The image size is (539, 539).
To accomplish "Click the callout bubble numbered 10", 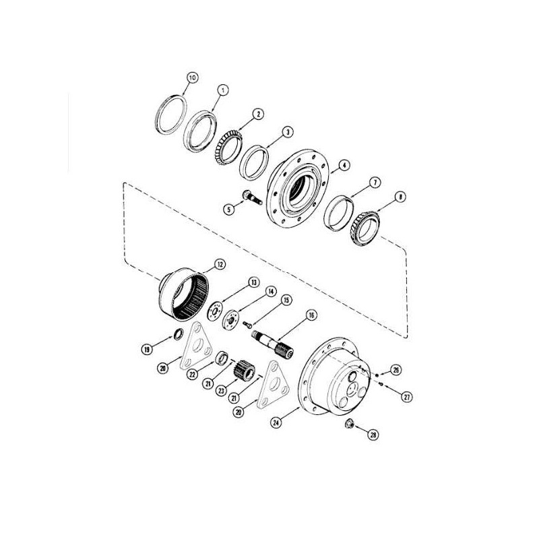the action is click(x=193, y=78).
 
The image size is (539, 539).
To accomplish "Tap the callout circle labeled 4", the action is click(x=344, y=165).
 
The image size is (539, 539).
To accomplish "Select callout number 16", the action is click(x=311, y=315).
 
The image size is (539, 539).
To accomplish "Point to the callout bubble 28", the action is click(x=373, y=435).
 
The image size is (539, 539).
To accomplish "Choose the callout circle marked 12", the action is click(x=220, y=264).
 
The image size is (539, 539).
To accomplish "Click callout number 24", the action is click(x=276, y=422).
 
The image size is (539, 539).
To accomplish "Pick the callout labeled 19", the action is click(x=147, y=350).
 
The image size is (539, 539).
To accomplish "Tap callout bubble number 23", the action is click(x=222, y=391).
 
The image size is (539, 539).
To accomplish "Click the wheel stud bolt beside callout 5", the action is click(x=252, y=197).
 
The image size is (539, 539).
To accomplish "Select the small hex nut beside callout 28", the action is click(x=350, y=423).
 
